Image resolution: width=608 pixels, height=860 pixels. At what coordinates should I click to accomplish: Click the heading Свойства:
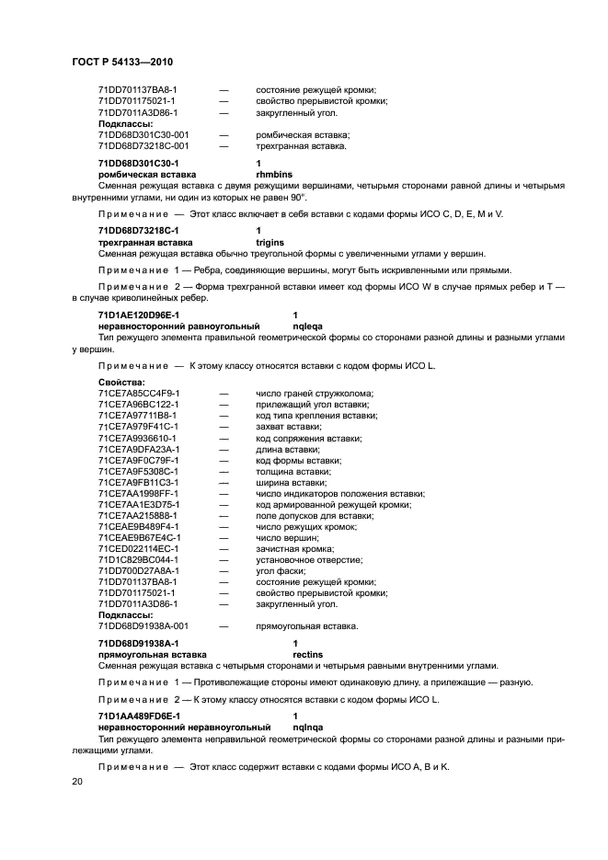pos(121,382)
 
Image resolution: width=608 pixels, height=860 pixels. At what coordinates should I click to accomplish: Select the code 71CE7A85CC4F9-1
pos(138,393)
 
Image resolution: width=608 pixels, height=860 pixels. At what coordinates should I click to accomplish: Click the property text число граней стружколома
pos(315,393)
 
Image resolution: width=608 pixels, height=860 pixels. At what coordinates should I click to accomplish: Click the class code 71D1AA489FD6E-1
pos(139,715)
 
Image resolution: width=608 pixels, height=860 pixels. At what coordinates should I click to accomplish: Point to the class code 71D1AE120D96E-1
pos(139,315)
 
